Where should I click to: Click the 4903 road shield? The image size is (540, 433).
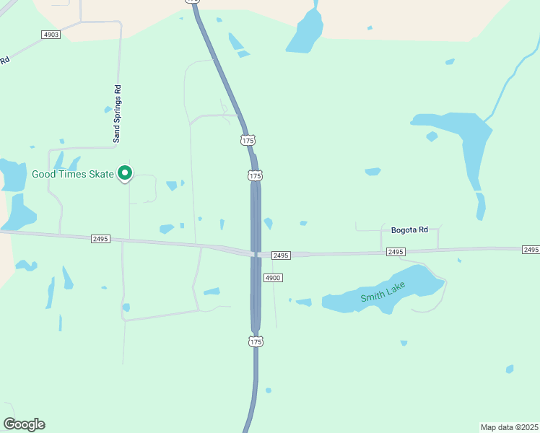pyautogui.click(x=51, y=35)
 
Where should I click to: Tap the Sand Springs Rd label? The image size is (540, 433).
pyautogui.click(x=117, y=113)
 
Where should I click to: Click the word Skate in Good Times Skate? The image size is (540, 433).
pyautogui.click(x=100, y=174)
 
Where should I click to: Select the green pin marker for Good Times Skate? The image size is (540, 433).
pyautogui.click(x=125, y=172)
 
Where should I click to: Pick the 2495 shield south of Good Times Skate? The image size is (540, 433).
pyautogui.click(x=101, y=238)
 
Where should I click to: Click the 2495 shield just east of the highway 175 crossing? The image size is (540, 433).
pyautogui.click(x=281, y=255)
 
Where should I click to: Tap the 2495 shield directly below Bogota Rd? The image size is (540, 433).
pyautogui.click(x=395, y=251)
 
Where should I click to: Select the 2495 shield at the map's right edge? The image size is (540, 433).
pyautogui.click(x=531, y=249)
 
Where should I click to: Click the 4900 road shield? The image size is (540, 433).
pyautogui.click(x=272, y=278)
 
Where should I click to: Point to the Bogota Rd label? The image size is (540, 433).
pyautogui.click(x=409, y=229)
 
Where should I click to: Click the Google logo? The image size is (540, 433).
pyautogui.click(x=24, y=424)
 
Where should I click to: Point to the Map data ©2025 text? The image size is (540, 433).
pyautogui.click(x=509, y=427)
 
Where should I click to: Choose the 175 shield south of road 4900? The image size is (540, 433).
pyautogui.click(x=255, y=341)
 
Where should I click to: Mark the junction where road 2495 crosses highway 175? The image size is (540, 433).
pyautogui.click(x=256, y=254)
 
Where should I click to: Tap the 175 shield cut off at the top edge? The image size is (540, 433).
pyautogui.click(x=191, y=1)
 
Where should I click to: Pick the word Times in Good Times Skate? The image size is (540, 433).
pyautogui.click(x=73, y=174)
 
